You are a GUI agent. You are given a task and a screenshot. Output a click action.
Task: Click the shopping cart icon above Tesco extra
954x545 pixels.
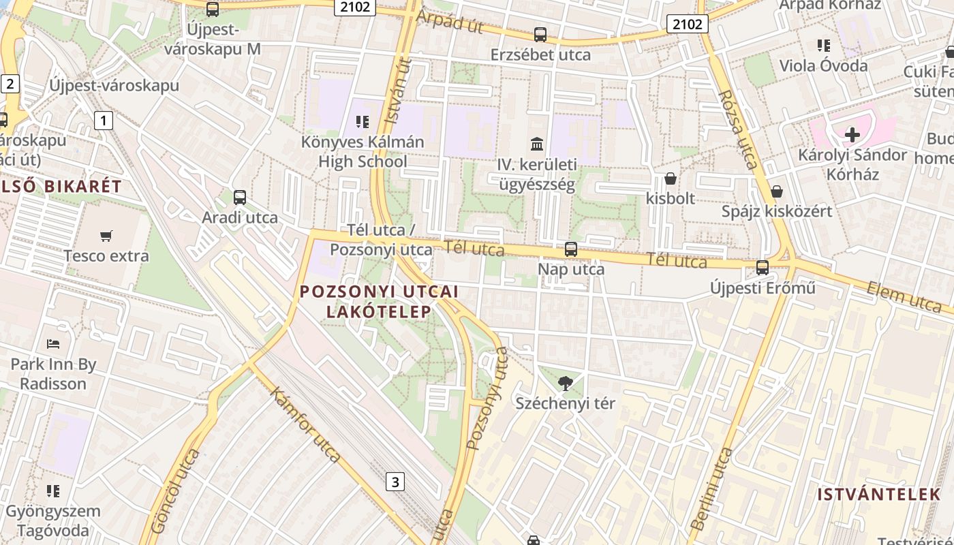pos(106,236)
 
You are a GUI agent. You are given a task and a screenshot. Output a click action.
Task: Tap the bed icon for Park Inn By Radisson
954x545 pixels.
pos(53,344)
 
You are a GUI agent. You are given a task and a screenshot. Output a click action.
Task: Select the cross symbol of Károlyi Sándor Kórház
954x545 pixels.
pos(852,135)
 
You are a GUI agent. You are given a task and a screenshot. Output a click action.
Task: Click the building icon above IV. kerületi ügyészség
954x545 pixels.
pos(536,144)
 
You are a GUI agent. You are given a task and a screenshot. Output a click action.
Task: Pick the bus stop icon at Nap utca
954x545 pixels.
pos(571,249)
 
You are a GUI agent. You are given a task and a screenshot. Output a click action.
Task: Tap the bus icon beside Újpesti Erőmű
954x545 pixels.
pos(763,268)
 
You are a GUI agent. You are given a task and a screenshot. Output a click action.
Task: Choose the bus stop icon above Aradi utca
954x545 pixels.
pos(240,198)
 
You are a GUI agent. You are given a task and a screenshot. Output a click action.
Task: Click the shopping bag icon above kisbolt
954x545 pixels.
pos(671,178)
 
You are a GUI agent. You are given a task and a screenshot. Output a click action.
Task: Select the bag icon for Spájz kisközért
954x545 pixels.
pos(776,191)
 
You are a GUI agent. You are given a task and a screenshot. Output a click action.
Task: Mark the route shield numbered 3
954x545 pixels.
pos(395,482)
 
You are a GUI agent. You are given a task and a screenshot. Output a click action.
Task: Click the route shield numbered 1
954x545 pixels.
pos(103,121)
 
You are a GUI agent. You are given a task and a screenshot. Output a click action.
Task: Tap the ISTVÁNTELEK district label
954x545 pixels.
pos(879,495)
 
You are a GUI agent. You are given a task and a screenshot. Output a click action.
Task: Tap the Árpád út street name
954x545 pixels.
pos(449,22)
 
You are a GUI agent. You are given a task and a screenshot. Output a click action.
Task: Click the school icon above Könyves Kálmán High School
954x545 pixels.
pos(363,122)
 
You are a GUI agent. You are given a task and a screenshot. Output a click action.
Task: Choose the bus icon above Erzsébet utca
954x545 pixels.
pos(540,34)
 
